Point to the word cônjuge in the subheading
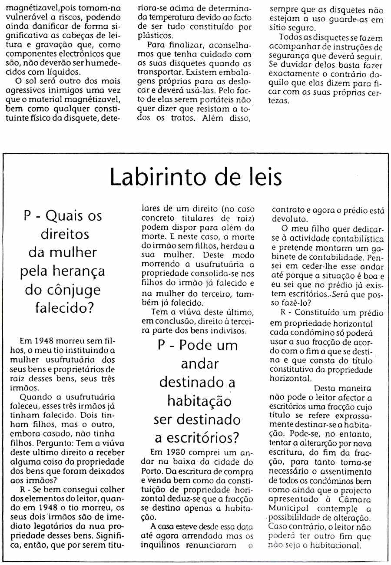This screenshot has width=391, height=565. [76, 290]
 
